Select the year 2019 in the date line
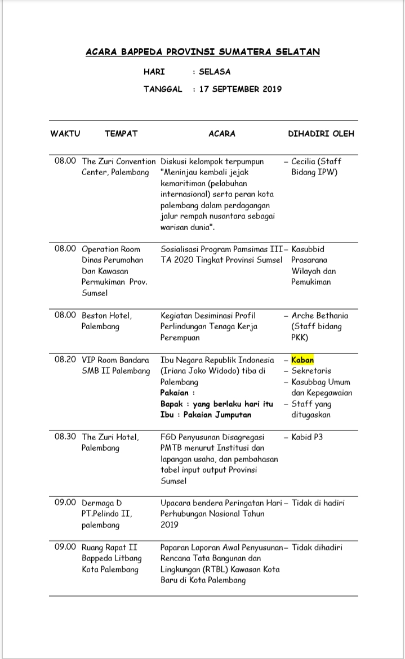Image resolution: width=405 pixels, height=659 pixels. (272, 89)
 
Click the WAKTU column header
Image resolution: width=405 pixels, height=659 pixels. (65, 134)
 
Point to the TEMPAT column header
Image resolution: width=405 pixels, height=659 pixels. (121, 134)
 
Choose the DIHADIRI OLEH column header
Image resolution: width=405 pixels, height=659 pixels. (321, 134)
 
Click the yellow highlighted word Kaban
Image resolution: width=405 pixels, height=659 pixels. (302, 360)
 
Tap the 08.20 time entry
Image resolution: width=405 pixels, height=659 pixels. (65, 360)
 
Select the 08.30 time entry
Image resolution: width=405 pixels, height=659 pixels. (65, 437)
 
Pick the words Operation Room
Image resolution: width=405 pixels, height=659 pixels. (111, 249)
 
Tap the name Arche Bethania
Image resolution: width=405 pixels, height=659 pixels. (319, 316)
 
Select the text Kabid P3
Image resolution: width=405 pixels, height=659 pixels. (307, 437)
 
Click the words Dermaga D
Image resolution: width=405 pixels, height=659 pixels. (101, 503)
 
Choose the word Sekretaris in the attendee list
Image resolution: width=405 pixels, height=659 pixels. (311, 371)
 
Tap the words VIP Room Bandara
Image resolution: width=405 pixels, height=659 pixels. (115, 360)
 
